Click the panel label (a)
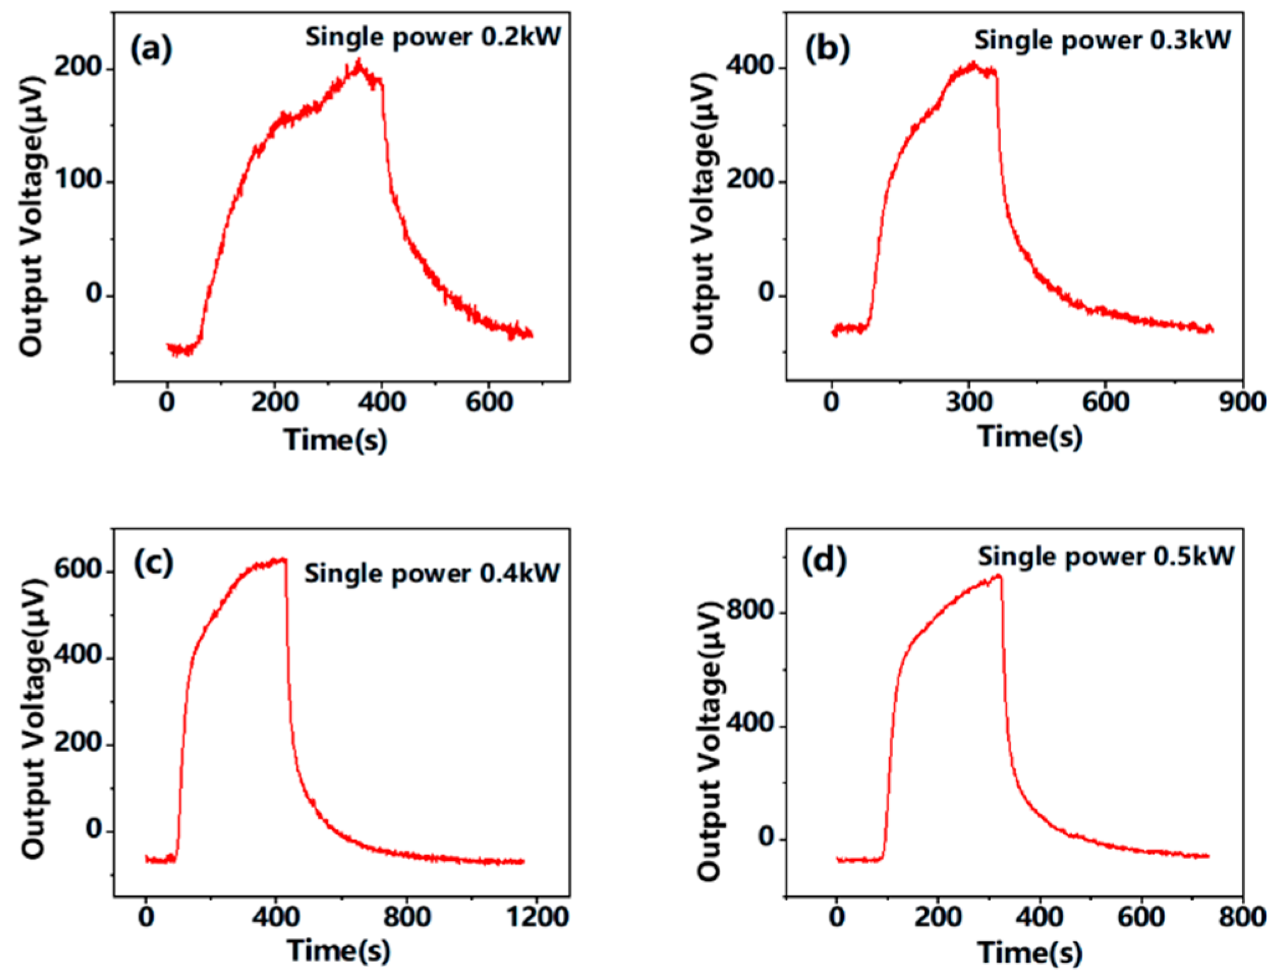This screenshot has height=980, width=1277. (x=150, y=48)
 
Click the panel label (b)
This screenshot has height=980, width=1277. (x=827, y=48)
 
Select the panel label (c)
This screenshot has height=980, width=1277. (x=153, y=562)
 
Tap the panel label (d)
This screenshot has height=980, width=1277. (x=824, y=560)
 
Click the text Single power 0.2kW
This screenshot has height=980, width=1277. (x=433, y=37)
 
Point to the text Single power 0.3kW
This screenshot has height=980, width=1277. (x=1102, y=40)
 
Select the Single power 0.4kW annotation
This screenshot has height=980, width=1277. (x=432, y=573)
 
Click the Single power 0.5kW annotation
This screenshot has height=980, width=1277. (x=1105, y=556)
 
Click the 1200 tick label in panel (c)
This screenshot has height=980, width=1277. (x=538, y=917)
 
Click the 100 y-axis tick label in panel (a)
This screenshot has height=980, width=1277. (x=78, y=180)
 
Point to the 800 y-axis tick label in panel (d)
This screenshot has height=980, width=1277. (x=749, y=611)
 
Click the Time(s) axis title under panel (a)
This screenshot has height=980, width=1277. (x=336, y=440)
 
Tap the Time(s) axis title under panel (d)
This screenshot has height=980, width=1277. (x=1030, y=951)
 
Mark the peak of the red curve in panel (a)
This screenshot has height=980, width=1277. (x=358, y=61)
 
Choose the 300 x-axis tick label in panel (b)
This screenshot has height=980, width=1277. (x=969, y=402)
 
